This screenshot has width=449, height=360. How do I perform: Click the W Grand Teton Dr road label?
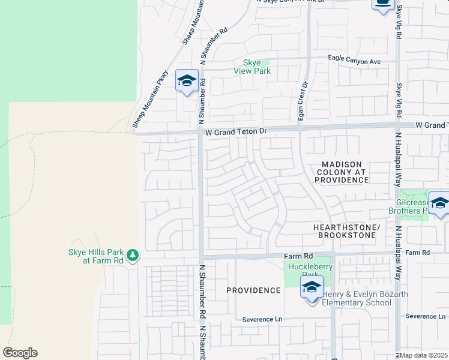[x=235, y=130]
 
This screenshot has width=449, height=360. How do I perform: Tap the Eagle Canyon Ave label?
[x=354, y=61]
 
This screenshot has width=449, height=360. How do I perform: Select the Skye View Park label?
[x=252, y=67]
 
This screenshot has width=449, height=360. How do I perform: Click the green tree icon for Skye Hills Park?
[x=133, y=256]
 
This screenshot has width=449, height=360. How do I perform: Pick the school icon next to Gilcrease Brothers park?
[x=439, y=203]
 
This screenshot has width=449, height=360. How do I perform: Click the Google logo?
[x=20, y=353]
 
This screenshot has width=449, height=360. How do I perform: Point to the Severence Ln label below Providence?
[x=262, y=320]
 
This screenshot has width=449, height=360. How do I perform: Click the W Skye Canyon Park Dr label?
[x=290, y=2]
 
